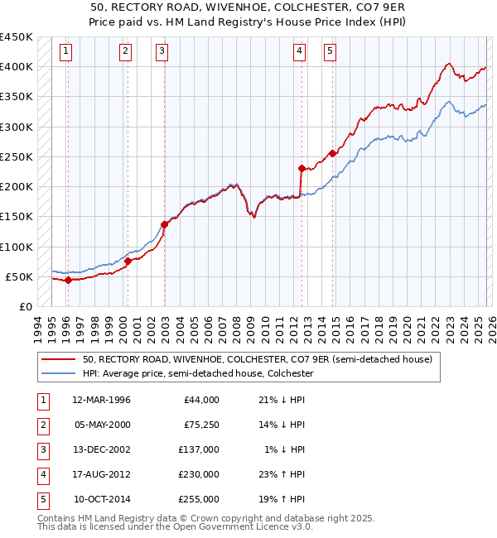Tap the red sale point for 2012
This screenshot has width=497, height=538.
301,168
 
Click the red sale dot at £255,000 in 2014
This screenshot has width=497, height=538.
332,153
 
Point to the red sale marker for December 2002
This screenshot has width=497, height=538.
164,223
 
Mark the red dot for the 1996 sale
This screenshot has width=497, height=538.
68,280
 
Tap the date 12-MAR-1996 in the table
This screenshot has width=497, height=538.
101,400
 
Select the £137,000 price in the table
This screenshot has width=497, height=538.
199,449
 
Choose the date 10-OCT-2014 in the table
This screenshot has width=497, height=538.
101,499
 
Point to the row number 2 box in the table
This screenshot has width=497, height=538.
42,425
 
